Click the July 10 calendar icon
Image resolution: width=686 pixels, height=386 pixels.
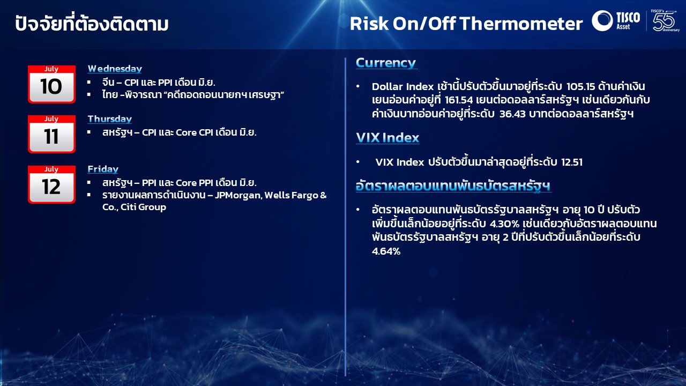pyautogui.click(x=51, y=84)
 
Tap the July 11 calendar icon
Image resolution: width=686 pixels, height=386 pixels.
pyautogui.click(x=51, y=134)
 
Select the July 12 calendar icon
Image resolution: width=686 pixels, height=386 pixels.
pyautogui.click(x=51, y=184)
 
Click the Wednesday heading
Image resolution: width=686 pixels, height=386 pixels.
pyautogui.click(x=115, y=69)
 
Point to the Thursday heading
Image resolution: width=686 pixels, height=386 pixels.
pyautogui.click(x=109, y=119)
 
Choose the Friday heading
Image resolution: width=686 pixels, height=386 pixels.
pyautogui.click(x=103, y=169)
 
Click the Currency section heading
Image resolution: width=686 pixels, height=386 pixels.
pyautogui.click(x=386, y=63)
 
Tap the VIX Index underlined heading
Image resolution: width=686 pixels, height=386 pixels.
pyautogui.click(x=387, y=138)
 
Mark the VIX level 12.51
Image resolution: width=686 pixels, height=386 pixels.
pyautogui.click(x=571, y=162)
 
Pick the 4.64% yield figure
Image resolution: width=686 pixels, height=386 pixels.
pyautogui.click(x=386, y=250)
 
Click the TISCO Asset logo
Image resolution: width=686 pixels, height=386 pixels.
pyautogui.click(x=616, y=20)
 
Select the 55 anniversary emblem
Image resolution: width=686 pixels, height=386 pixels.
pyautogui.click(x=665, y=20)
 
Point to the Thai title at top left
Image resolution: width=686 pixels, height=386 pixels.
pyautogui.click(x=92, y=24)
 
